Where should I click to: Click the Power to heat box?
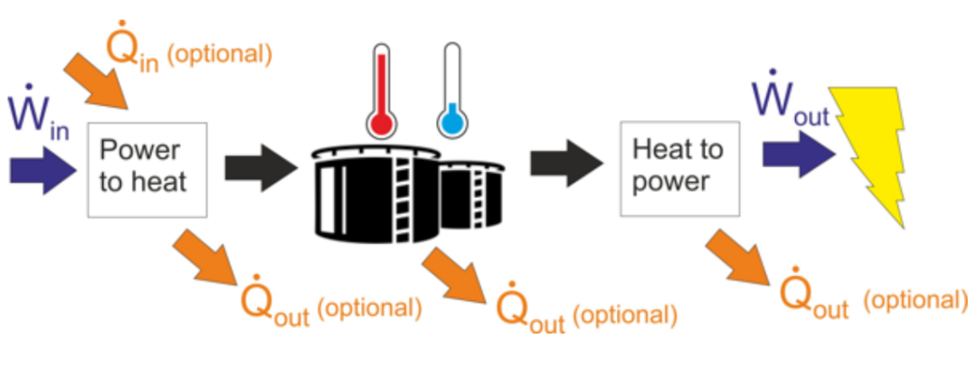point(147,168)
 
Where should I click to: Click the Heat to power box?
point(678,168)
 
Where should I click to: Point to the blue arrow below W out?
point(796,154)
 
